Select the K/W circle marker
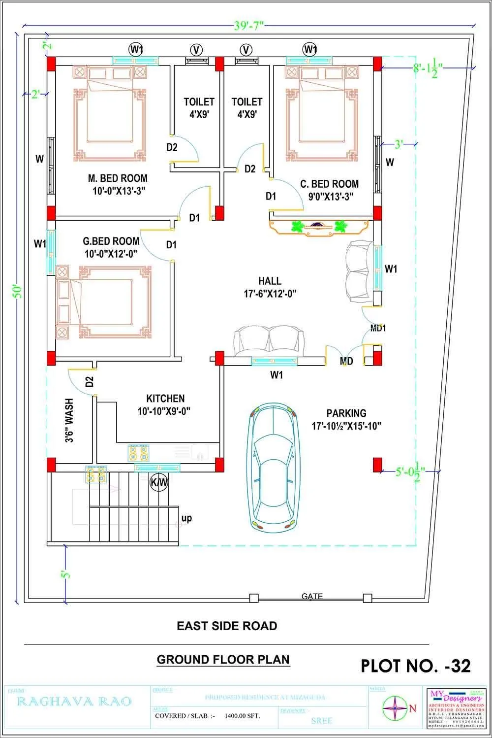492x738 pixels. pos(158,483)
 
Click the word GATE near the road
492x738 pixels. pos(312,596)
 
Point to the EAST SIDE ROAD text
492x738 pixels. pos(227,626)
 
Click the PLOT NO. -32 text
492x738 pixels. pos(416,666)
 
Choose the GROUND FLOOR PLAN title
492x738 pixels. pos(223,659)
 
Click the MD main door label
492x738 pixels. pos(346,361)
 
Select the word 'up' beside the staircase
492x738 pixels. pos(186,518)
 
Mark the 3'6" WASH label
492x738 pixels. pos(69,420)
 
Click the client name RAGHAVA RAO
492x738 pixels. pos(75,701)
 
